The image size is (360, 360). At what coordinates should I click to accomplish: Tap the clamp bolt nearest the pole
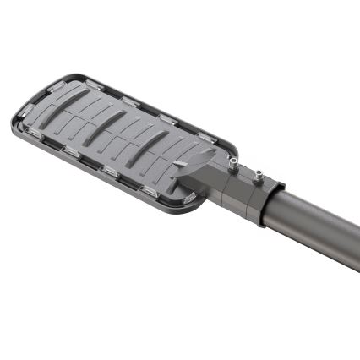pyautogui.click(x=259, y=174)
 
